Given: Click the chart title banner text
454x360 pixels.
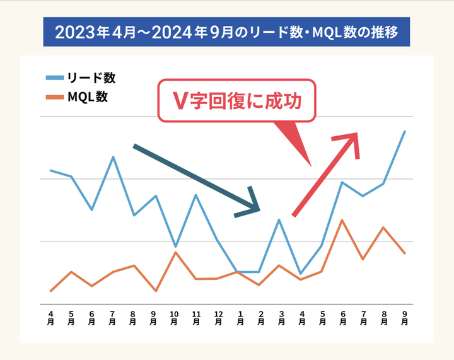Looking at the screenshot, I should [226, 32].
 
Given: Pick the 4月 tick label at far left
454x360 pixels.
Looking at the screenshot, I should [50, 317].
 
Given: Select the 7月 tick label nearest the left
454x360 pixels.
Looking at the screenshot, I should [112, 317].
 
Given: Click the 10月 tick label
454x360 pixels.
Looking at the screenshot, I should [175, 317].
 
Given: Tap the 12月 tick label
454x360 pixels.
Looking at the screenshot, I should [218, 317].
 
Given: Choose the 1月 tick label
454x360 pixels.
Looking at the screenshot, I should [239, 317].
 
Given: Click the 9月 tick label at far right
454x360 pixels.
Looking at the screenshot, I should [404, 317].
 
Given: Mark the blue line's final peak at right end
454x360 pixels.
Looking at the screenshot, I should [404, 131].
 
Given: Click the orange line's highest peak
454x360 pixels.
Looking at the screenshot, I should [342, 220].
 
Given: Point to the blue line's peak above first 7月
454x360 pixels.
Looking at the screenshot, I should [113, 157].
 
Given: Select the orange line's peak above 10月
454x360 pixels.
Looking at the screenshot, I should [175, 252].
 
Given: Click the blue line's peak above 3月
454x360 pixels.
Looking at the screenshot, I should [279, 220].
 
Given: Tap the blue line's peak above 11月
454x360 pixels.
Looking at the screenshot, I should [196, 195].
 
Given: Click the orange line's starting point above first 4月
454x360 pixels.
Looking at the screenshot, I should [50, 291].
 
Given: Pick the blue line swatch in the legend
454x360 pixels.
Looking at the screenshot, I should [55, 78].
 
